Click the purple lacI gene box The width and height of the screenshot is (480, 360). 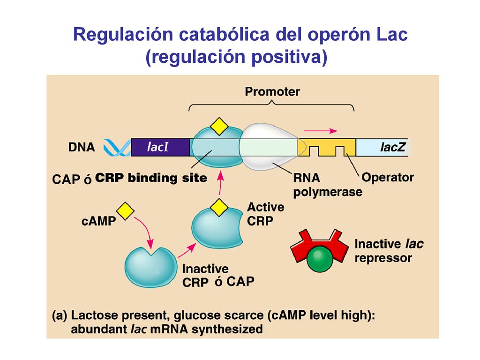coord(160,147)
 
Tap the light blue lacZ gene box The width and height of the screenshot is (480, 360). coord(382,147)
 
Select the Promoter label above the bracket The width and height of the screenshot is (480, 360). coord(272,91)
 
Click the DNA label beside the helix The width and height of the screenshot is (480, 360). coord(82,147)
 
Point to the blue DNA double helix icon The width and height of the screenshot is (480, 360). coord(117,147)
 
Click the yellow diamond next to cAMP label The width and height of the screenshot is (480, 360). coord(125,211)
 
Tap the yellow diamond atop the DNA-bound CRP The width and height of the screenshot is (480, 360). coord(219,126)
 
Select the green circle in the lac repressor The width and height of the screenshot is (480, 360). coord(320,258)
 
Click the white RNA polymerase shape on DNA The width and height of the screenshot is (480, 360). coord(269,146)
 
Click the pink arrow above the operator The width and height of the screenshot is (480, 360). coord(320,131)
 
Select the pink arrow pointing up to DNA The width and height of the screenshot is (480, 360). coord(220,183)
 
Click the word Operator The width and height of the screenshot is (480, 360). coord(388,178)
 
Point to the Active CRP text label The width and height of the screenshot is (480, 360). coord(265,214)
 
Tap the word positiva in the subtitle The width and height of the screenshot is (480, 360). coord(290,57)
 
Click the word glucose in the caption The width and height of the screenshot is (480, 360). coord(197,315)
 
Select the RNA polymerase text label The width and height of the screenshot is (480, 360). coord(328,185)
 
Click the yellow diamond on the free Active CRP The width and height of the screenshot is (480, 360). coord(219,207)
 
